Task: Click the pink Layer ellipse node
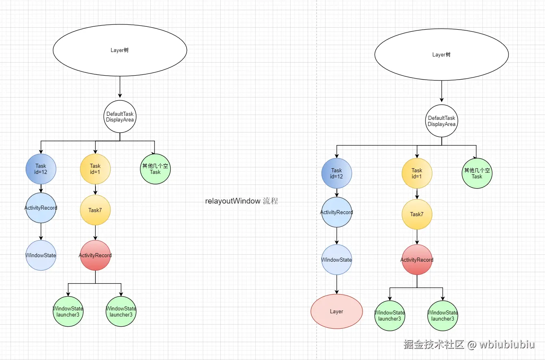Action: pyautogui.click(x=336, y=311)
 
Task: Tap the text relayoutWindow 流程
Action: pyautogui.click(x=241, y=201)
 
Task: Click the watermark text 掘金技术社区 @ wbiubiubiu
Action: pyautogui.click(x=469, y=345)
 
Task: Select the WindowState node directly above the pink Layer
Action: pyautogui.click(x=337, y=260)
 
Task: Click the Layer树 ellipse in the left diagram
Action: pyautogui.click(x=120, y=50)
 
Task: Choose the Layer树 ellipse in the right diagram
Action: pyautogui.click(x=441, y=54)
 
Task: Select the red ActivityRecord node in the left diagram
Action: pyautogui.click(x=96, y=255)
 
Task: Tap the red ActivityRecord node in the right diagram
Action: pyautogui.click(x=417, y=260)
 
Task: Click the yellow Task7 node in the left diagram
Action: pyautogui.click(x=96, y=210)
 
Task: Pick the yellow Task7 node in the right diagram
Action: pyautogui.click(x=417, y=214)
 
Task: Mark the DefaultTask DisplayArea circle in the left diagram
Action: pyautogui.click(x=120, y=117)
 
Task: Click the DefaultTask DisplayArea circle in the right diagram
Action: pyautogui.click(x=441, y=121)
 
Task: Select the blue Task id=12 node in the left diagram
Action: pyautogui.click(x=41, y=169)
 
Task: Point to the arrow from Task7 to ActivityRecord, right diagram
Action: pyautogui.click(x=417, y=237)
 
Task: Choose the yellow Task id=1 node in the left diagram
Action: pyautogui.click(x=96, y=169)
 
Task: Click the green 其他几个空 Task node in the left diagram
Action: pyautogui.click(x=155, y=169)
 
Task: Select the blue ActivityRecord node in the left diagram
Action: pyautogui.click(x=41, y=208)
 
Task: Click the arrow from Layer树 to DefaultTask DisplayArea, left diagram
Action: pyautogui.click(x=120, y=87)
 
